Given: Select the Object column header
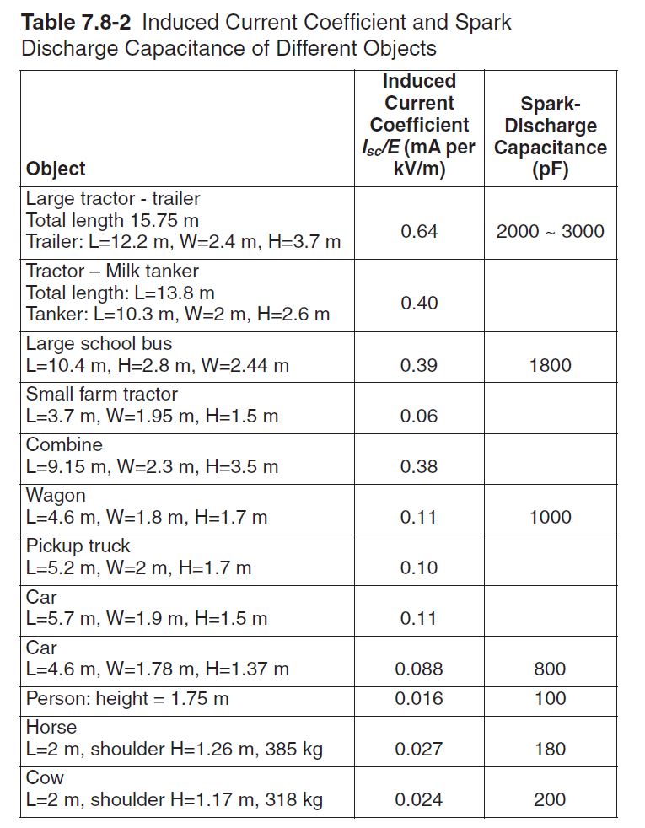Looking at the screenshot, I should coord(56,168).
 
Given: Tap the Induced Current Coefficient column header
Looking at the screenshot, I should coord(419,125).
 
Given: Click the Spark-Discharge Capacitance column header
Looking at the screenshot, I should coord(550,137).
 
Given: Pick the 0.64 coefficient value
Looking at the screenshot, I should coord(419,231).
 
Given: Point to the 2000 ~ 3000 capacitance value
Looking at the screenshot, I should coord(550,231).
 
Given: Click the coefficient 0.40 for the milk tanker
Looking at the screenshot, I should coord(419,303).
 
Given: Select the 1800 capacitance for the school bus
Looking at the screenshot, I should coord(550,365).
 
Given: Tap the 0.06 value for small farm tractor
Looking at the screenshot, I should coord(419,416).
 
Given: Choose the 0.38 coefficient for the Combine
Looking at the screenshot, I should coord(419,466).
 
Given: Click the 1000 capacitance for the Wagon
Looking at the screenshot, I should coord(550,517).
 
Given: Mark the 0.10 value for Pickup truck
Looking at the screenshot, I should coord(419,567).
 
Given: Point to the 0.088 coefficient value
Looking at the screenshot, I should coord(419,669).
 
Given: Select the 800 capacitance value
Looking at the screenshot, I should coord(550,669).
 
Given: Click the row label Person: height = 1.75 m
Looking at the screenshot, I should coord(127,698).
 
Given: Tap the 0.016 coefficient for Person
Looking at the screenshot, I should coord(419,698).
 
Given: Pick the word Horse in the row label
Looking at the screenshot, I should coord(51,727).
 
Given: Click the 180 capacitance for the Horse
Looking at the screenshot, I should coord(550,749).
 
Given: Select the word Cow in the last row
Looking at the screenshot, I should coord(45,777).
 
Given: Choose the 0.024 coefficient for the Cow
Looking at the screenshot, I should coord(419,799).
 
